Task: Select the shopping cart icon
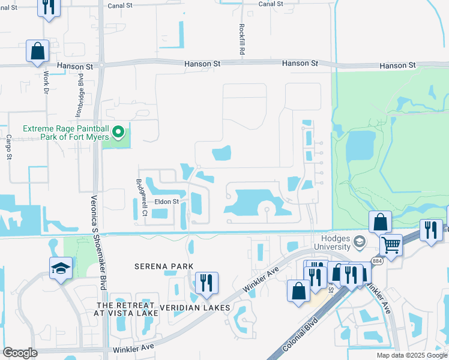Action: pos(391,244)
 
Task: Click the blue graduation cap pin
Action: pos(61,268)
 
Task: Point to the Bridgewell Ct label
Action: pos(141,193)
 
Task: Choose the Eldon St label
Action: pos(167,202)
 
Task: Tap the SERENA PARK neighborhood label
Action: pos(163,266)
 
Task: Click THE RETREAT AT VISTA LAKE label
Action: pos(127,309)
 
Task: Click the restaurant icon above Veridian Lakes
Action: pos(206,283)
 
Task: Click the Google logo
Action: pos(20,353)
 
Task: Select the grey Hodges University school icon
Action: pos(360,242)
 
